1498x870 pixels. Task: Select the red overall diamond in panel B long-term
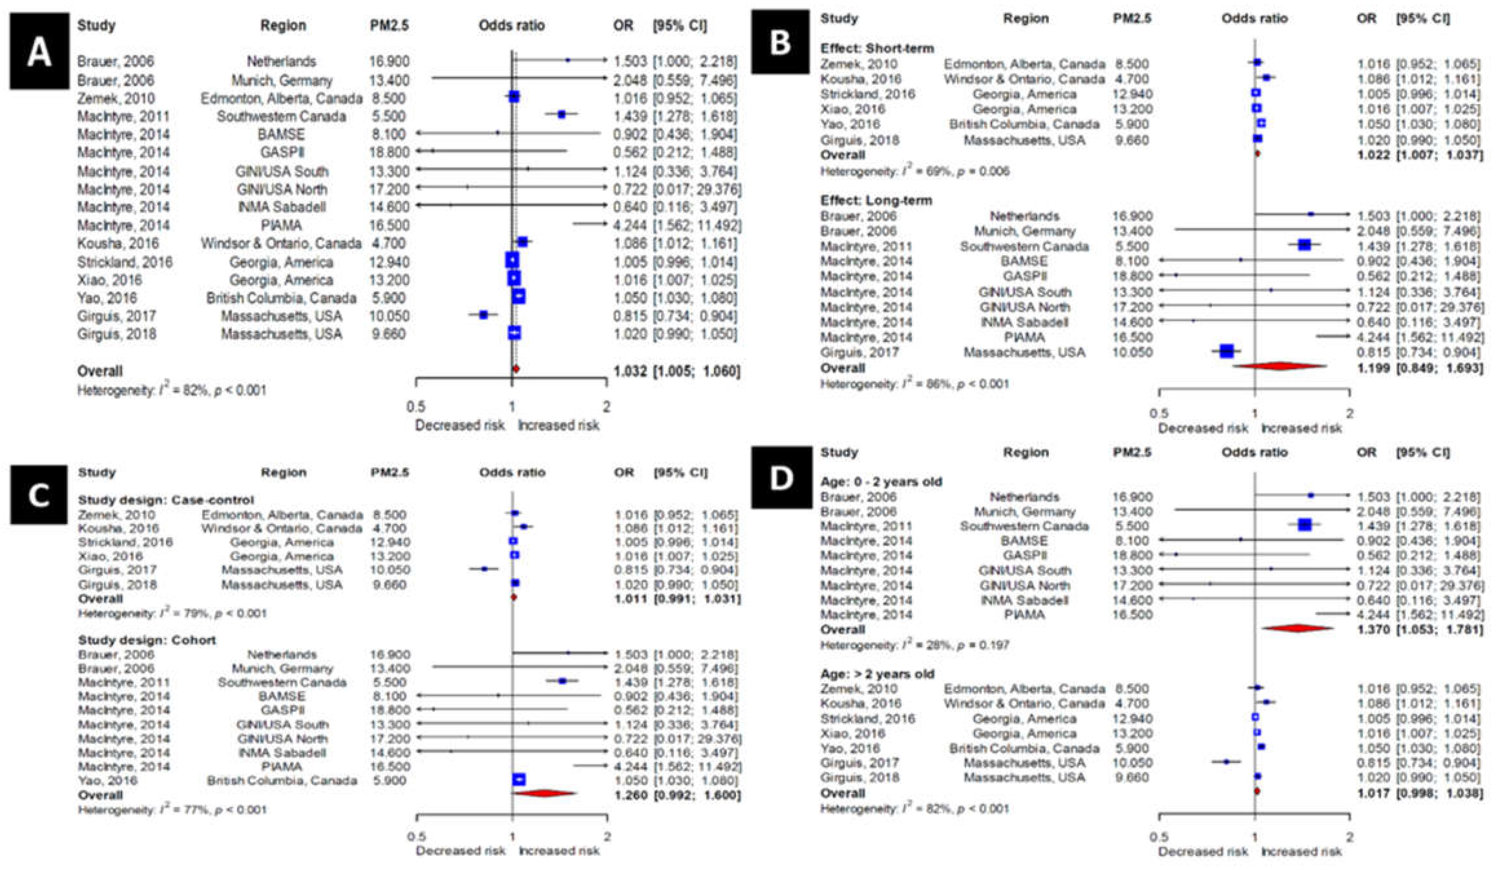[1280, 367]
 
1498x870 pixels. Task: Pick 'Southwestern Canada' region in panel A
[281, 116]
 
